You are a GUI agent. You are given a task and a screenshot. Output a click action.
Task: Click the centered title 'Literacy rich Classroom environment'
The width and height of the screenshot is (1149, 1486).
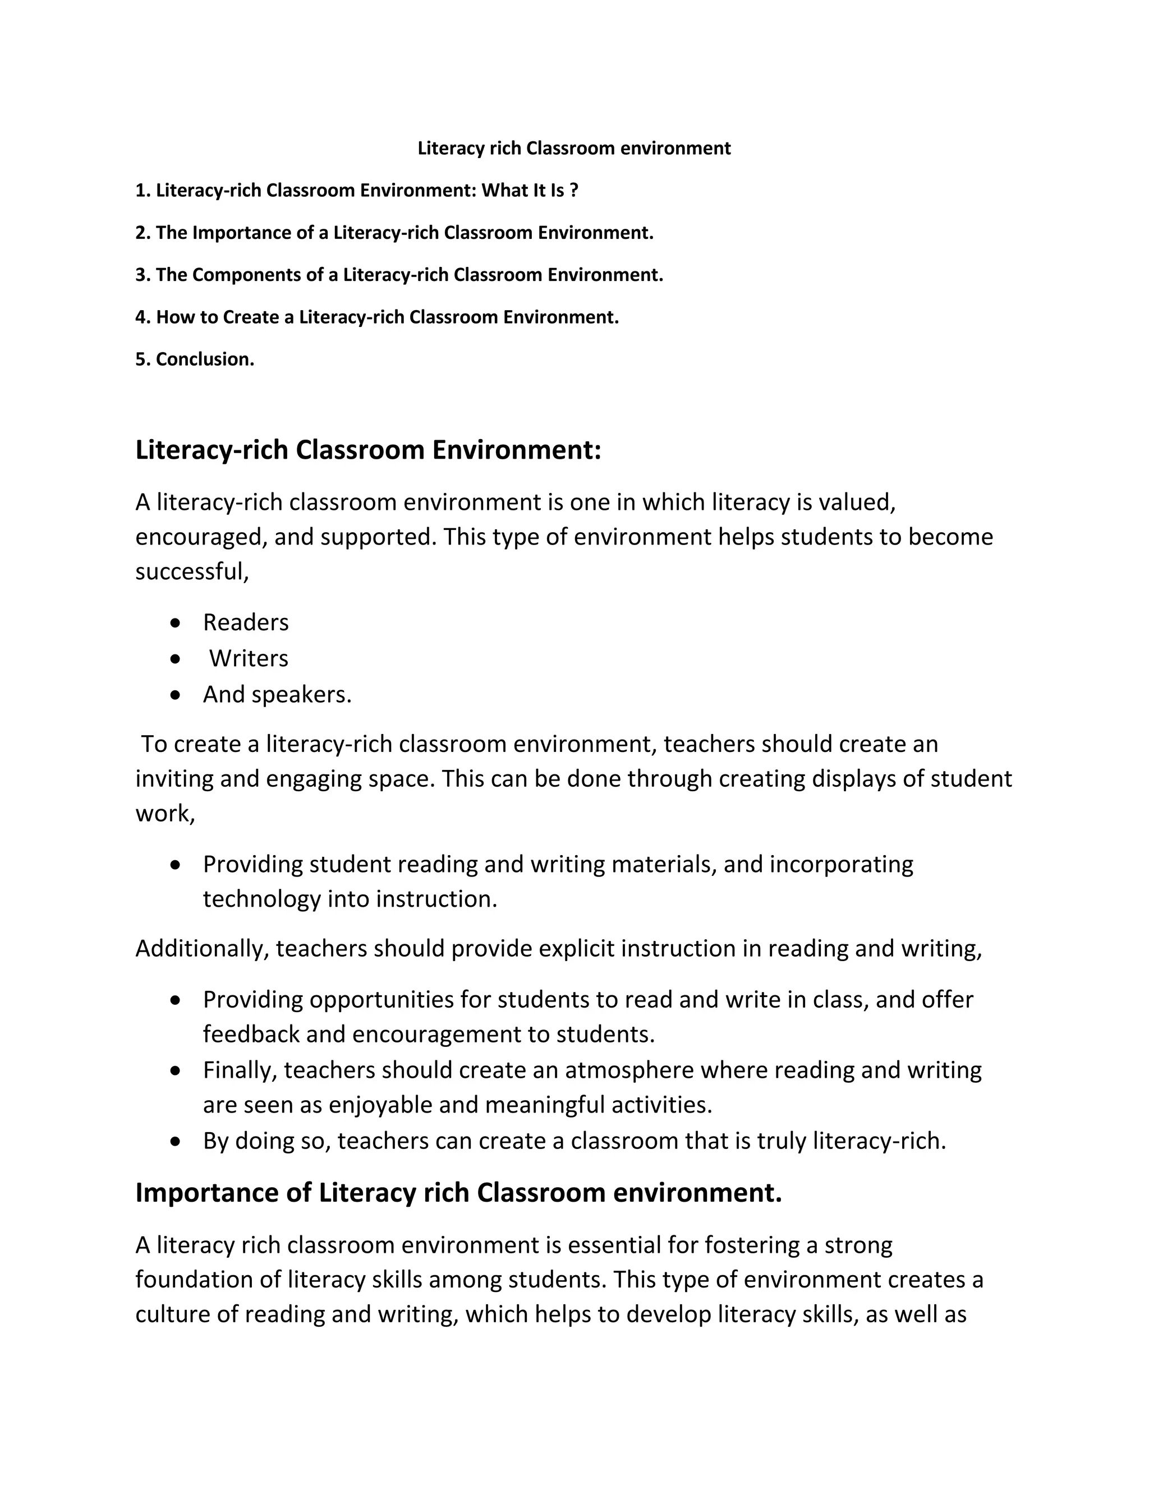pyautogui.click(x=574, y=149)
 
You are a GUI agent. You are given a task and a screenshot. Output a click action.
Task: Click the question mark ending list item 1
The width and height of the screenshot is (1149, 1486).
pyautogui.click(x=574, y=191)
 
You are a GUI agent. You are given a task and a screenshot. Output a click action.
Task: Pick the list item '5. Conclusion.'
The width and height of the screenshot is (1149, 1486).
pyautogui.click(x=195, y=359)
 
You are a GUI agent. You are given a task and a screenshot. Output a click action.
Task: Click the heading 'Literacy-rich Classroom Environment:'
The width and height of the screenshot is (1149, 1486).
pyautogui.click(x=368, y=450)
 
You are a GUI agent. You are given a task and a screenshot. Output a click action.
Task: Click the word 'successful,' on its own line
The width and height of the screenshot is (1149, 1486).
pyautogui.click(x=192, y=571)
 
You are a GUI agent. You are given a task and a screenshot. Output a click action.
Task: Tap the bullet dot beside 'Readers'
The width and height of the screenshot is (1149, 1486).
pyautogui.click(x=176, y=622)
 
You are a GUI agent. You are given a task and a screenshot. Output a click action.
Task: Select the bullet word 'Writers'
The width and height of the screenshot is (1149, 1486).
pyautogui.click(x=249, y=659)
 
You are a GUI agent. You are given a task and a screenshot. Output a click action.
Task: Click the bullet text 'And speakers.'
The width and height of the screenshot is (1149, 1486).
pyautogui.click(x=277, y=695)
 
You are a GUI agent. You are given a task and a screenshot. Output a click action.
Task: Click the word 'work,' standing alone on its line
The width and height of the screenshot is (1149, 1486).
pyautogui.click(x=166, y=814)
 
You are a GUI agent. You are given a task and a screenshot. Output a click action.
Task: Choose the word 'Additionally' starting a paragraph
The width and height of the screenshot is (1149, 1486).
pyautogui.click(x=201, y=948)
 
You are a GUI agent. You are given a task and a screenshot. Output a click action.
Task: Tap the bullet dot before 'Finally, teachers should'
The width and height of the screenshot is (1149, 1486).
pyautogui.click(x=176, y=1071)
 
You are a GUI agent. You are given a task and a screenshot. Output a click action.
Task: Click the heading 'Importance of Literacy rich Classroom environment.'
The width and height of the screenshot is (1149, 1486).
pyautogui.click(x=459, y=1193)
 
